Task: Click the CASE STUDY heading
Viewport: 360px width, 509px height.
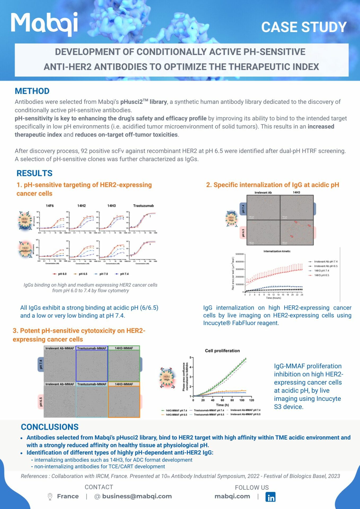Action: pyautogui.click(x=304, y=27)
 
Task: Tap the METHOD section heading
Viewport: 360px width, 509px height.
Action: pyautogui.click(x=32, y=91)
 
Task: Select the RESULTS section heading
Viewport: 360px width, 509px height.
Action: pyautogui.click(x=34, y=173)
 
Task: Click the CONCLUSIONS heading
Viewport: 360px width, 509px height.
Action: pyautogui.click(x=50, y=427)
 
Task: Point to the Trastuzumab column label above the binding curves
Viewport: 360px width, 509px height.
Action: pyautogui.click(x=143, y=206)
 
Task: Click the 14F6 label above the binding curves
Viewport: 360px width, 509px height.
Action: pyautogui.click(x=50, y=206)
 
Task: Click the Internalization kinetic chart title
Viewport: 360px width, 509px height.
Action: pyautogui.click(x=277, y=251)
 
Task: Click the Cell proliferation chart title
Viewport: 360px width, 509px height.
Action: pyautogui.click(x=222, y=351)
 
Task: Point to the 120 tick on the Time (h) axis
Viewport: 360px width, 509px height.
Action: pyautogui.click(x=251, y=400)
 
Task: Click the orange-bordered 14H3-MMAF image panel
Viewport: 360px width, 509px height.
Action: pyautogui.click(x=124, y=402)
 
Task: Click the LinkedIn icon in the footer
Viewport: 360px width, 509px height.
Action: pyautogui.click(x=270, y=497)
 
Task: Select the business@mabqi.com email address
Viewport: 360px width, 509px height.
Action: pyautogui.click(x=137, y=496)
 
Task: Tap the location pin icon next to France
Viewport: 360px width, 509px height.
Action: pyautogui.click(x=50, y=497)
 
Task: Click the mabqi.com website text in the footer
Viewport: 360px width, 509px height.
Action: pyautogui.click(x=232, y=496)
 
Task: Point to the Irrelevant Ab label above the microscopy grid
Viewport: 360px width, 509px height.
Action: pyautogui.click(x=263, y=193)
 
